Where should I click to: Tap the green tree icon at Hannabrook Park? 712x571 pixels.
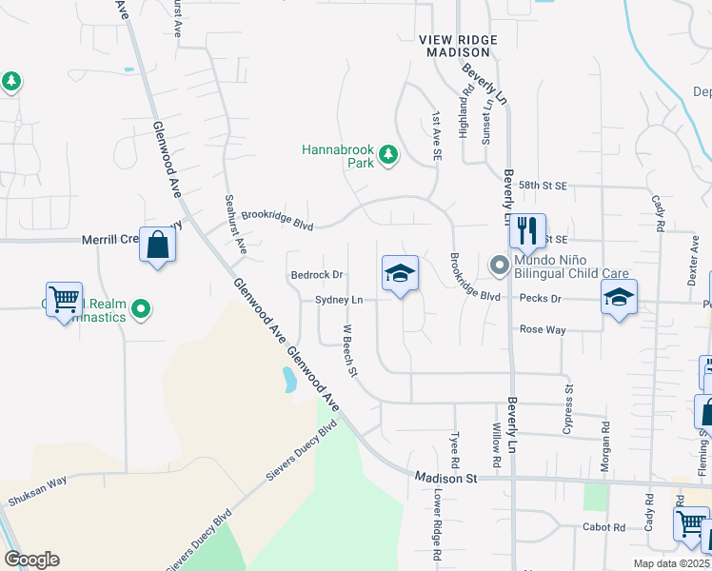pos(387,154)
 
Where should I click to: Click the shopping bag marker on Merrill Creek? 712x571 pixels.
pos(157,246)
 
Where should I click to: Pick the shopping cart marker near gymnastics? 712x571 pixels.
pos(64,300)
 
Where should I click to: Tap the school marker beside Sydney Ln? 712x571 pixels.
pos(400,275)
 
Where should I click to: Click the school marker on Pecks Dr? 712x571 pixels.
pos(619,298)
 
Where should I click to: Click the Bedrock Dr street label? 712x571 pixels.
pos(316,275)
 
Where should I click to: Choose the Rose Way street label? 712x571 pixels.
pos(542,329)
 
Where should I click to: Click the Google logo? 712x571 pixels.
pos(31,560)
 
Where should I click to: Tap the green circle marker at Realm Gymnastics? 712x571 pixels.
pos(141,307)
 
